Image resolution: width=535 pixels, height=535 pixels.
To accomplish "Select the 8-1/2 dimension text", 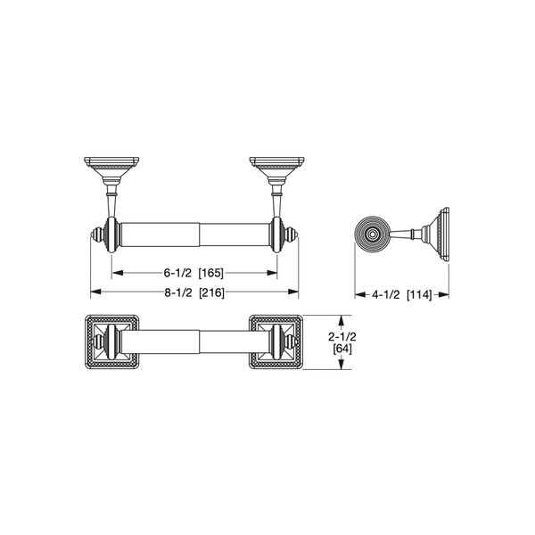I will point(176,292).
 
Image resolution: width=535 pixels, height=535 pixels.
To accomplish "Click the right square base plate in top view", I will point(278,342).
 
